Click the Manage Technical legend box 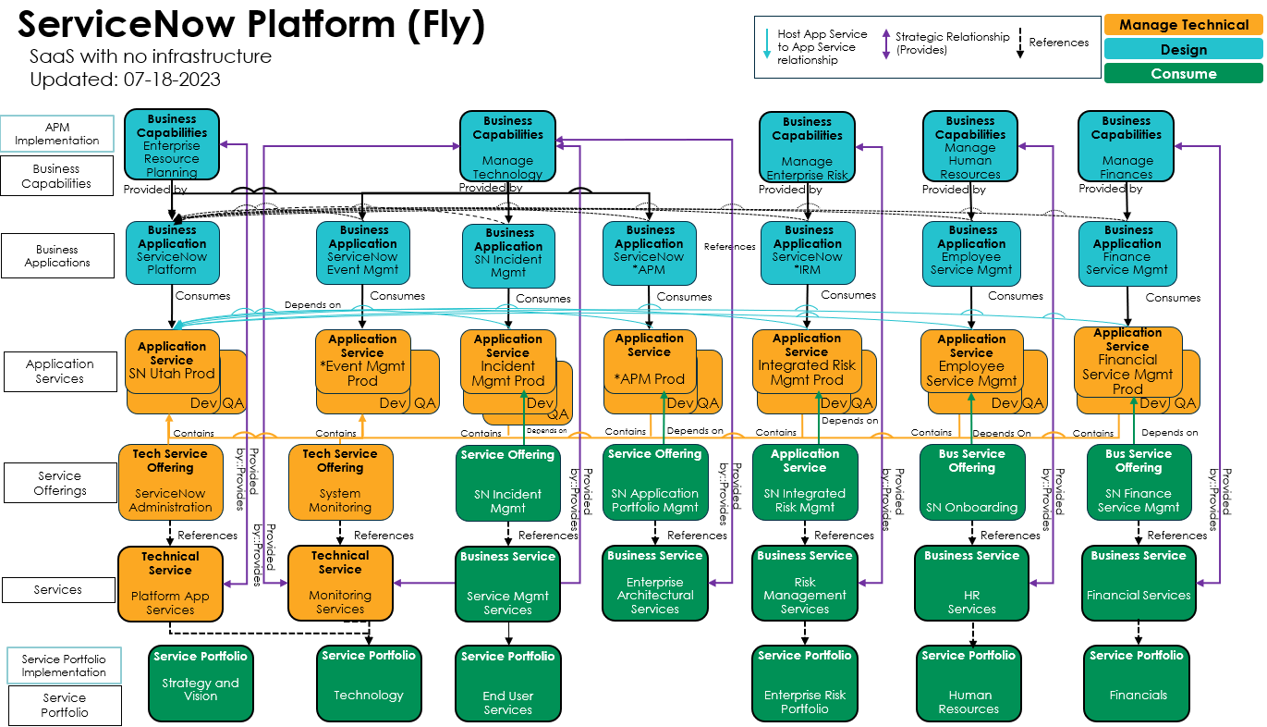[x=1183, y=25]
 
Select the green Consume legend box [x=1183, y=73]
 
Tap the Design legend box [x=1183, y=49]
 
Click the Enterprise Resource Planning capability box [x=172, y=145]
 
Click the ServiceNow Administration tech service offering [x=170, y=481]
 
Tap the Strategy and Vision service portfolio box [x=200, y=684]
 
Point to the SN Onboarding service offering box [x=971, y=481]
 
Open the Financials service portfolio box [x=1137, y=684]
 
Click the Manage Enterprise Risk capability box [x=807, y=147]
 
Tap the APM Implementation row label [x=57, y=134]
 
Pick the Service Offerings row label [x=60, y=484]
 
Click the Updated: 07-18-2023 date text [x=126, y=80]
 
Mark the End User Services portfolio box [x=507, y=684]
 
